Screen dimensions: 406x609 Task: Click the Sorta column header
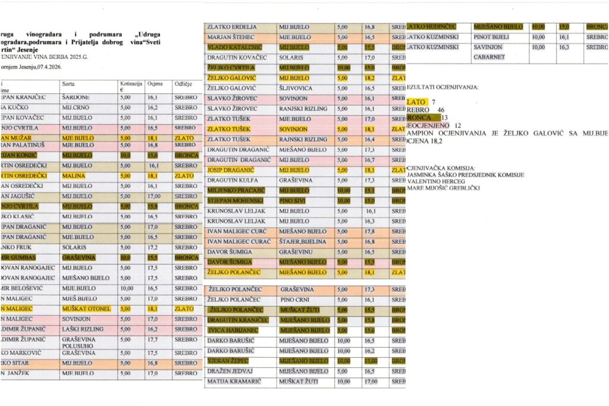(x=68, y=84)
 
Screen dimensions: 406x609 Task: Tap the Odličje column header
(x=182, y=84)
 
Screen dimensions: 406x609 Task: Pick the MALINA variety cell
(x=74, y=176)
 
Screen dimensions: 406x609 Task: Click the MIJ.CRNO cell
(x=76, y=108)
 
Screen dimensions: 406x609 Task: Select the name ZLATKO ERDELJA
(x=232, y=27)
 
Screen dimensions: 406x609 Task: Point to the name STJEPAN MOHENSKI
(x=236, y=201)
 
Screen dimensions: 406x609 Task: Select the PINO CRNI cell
(x=296, y=300)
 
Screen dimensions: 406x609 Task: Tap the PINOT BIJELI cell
(x=494, y=37)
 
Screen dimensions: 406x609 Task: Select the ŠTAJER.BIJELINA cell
(x=303, y=242)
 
